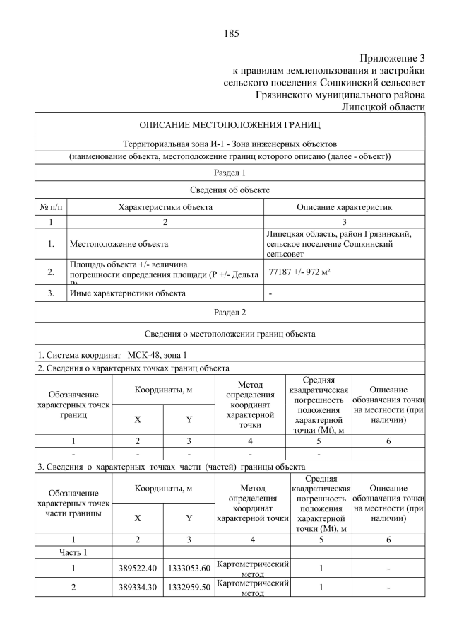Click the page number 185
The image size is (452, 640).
(x=231, y=33)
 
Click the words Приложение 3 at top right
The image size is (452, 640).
(x=392, y=58)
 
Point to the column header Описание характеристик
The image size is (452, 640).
(x=345, y=207)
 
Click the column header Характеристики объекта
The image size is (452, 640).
(x=165, y=207)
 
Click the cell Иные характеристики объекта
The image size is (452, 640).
(x=127, y=293)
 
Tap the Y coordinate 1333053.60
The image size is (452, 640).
(x=189, y=568)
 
